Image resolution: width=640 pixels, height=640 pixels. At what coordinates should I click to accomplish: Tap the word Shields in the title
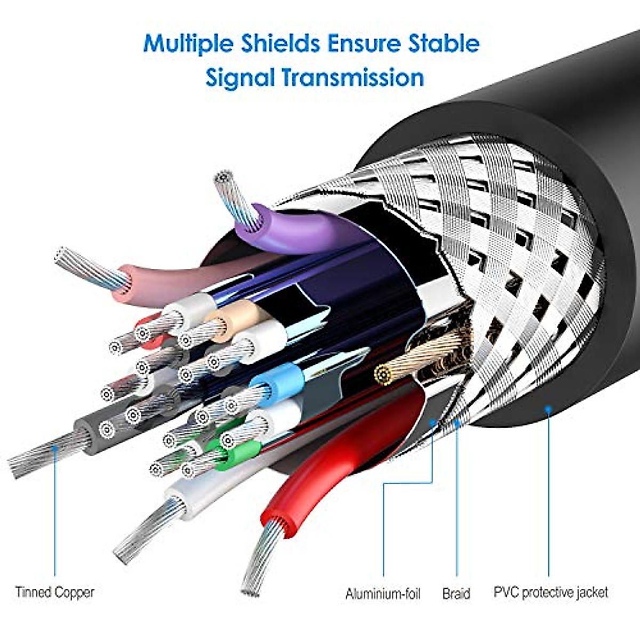pos(280,43)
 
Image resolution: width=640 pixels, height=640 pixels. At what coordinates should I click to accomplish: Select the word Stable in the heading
pos(444,43)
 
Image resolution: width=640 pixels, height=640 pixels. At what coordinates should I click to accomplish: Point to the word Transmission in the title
pos(353,78)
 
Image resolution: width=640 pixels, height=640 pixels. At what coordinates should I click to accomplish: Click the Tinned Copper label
pos(54,592)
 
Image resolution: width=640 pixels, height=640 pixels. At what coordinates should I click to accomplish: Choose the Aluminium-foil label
pos(382,594)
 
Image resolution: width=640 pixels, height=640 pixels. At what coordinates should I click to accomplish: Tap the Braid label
pos(456,594)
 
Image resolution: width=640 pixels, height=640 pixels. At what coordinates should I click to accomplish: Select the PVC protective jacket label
pos(550,592)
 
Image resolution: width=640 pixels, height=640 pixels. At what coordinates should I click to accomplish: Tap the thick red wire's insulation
pos(331,459)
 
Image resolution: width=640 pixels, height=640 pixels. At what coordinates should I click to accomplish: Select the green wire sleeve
pos(235,445)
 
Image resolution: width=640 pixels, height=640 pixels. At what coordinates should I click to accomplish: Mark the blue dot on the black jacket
pos(548,409)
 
